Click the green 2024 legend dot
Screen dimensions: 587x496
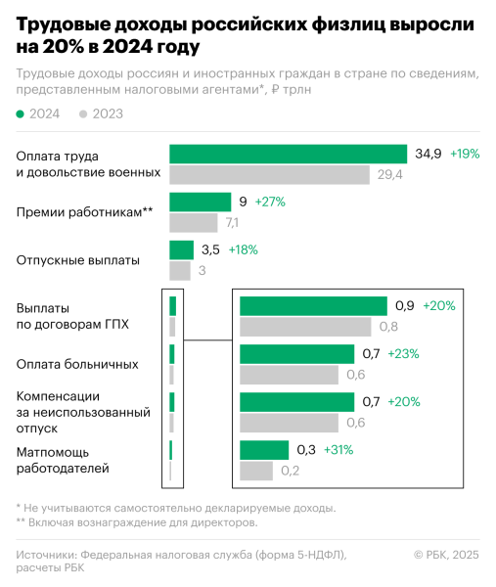(21, 114)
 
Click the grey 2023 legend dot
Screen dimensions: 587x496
(83, 114)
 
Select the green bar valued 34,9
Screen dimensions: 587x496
(288, 154)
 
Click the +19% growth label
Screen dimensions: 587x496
(465, 154)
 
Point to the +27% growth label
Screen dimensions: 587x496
(269, 202)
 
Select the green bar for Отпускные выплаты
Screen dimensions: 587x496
(182, 249)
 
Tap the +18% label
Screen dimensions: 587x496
(243, 249)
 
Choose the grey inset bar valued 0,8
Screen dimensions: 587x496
(305, 327)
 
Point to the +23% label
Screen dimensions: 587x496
(404, 354)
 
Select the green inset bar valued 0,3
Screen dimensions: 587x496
(264, 450)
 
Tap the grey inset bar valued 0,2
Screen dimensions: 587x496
(256, 472)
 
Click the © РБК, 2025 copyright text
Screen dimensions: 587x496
(446, 556)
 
